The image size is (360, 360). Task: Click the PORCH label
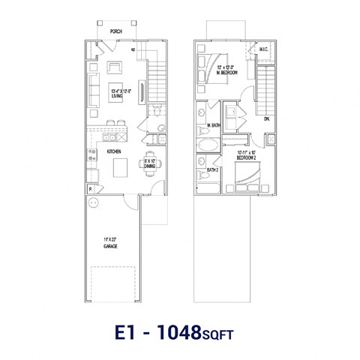pyautogui.click(x=115, y=31)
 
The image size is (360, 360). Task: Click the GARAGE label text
pyautogui.click(x=110, y=243)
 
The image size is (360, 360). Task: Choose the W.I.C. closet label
pyautogui.click(x=262, y=50)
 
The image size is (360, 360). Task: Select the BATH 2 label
pyautogui.click(x=211, y=170)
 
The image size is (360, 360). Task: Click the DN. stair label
pyautogui.click(x=267, y=118)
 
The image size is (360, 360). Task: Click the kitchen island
pyautogui.click(x=121, y=168)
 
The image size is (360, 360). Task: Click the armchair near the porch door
pyautogui.click(x=117, y=68)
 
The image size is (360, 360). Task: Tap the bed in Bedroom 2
pyautogui.click(x=248, y=177)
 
